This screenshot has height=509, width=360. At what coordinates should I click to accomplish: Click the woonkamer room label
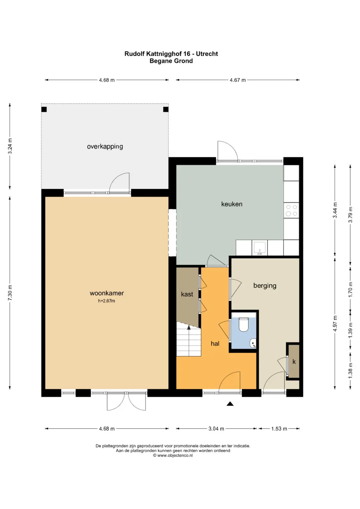[107, 293]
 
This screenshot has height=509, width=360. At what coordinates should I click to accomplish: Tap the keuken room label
[232, 204]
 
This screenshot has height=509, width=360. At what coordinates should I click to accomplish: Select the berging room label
[265, 286]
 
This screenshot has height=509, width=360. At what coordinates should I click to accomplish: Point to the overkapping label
[105, 147]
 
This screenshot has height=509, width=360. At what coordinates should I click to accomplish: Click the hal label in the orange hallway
[215, 344]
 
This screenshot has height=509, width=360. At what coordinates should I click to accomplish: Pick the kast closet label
[187, 294]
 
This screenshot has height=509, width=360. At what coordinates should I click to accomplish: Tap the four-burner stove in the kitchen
[291, 210]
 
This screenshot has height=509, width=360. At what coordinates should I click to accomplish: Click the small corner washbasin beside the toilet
[253, 344]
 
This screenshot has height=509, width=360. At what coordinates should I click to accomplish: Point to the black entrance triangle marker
[230, 404]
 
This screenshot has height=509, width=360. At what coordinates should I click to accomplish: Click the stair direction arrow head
[189, 327]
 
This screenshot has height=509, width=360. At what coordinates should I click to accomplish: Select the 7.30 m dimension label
[10, 293]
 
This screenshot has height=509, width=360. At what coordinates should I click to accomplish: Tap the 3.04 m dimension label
[216, 429]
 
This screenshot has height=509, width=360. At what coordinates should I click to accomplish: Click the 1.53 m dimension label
[279, 429]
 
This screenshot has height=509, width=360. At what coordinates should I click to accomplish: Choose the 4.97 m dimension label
[335, 324]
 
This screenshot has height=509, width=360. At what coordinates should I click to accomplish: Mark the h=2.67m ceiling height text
[107, 301]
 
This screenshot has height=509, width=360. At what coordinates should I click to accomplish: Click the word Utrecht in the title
[207, 54]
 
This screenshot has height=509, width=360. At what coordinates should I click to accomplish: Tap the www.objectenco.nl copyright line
[173, 455]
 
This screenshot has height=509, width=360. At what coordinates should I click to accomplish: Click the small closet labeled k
[294, 362]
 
